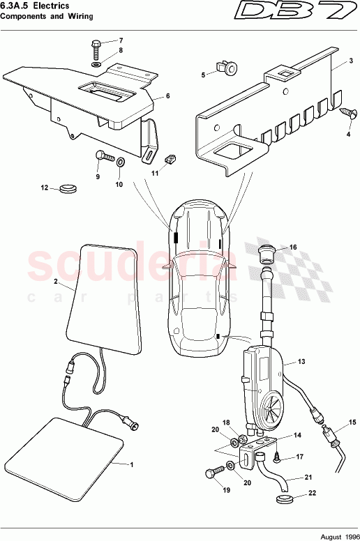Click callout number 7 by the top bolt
pyautogui.click(x=120, y=40)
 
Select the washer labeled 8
pyautogui.click(x=96, y=64)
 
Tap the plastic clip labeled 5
pyautogui.click(x=228, y=68)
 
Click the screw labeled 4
pyautogui.click(x=345, y=110)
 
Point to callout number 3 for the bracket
pyautogui.click(x=333, y=61)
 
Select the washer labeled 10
pyautogui.click(x=120, y=162)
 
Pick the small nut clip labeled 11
pyautogui.click(x=168, y=160)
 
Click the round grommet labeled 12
pyautogui.click(x=68, y=188)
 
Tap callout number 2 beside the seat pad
pyautogui.click(x=55, y=282)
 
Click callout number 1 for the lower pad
pyautogui.click(x=133, y=463)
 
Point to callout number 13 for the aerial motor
pyautogui.click(x=301, y=362)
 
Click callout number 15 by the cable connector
pyautogui.click(x=352, y=422)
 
